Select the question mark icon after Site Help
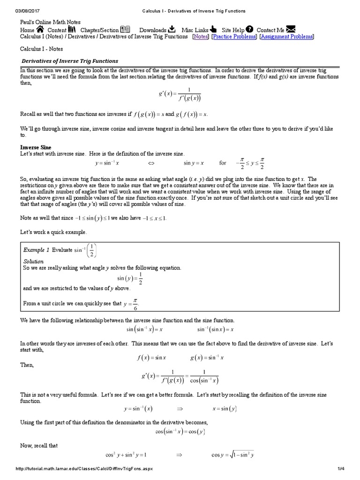(249, 29)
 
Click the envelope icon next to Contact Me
(291, 29)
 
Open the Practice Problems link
(234, 37)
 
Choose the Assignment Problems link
(286, 37)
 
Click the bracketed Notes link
(201, 37)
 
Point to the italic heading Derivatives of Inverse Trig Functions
(70, 61)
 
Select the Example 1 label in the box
(36, 250)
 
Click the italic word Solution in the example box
(33, 261)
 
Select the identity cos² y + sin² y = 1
(126, 455)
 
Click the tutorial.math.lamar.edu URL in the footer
(84, 468)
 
